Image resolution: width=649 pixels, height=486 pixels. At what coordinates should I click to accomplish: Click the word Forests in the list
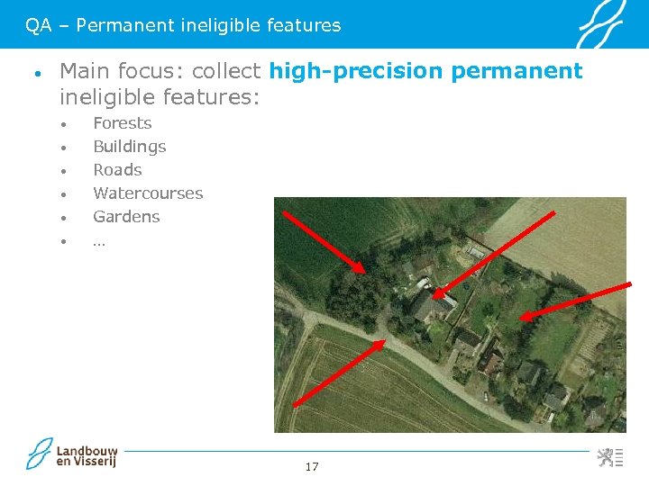(x=122, y=123)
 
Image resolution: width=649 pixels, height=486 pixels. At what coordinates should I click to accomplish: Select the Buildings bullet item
(x=129, y=147)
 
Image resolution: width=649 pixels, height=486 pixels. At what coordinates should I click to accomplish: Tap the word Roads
(x=117, y=170)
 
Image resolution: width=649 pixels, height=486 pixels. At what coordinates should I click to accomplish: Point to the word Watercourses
(x=148, y=193)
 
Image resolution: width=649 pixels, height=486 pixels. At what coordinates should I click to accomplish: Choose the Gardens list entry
(x=126, y=217)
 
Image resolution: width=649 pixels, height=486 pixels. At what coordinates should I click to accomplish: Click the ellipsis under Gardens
(x=98, y=240)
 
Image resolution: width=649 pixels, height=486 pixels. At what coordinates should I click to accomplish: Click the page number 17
(x=312, y=466)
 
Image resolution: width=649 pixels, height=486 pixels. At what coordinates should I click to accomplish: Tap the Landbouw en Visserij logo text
(x=87, y=455)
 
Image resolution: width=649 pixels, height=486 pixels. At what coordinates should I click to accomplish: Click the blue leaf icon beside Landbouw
(x=40, y=454)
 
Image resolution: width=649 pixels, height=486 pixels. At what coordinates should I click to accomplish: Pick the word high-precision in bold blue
(x=356, y=71)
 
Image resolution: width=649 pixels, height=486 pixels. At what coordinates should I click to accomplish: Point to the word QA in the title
(x=38, y=26)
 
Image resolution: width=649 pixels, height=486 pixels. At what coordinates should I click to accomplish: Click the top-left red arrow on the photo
(x=324, y=241)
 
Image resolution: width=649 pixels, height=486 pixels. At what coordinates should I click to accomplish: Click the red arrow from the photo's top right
(x=491, y=256)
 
